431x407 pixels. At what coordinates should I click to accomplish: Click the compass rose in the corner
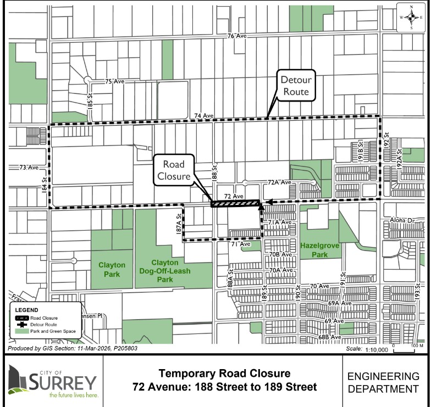(x=411, y=17)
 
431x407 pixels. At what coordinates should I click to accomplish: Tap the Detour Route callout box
(x=296, y=86)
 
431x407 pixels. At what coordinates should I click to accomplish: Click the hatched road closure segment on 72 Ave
(x=235, y=203)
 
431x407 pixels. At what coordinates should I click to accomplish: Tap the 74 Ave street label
(x=203, y=116)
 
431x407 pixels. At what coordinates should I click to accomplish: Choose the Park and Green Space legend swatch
(x=22, y=331)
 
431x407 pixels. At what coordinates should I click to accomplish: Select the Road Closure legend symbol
(x=22, y=318)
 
